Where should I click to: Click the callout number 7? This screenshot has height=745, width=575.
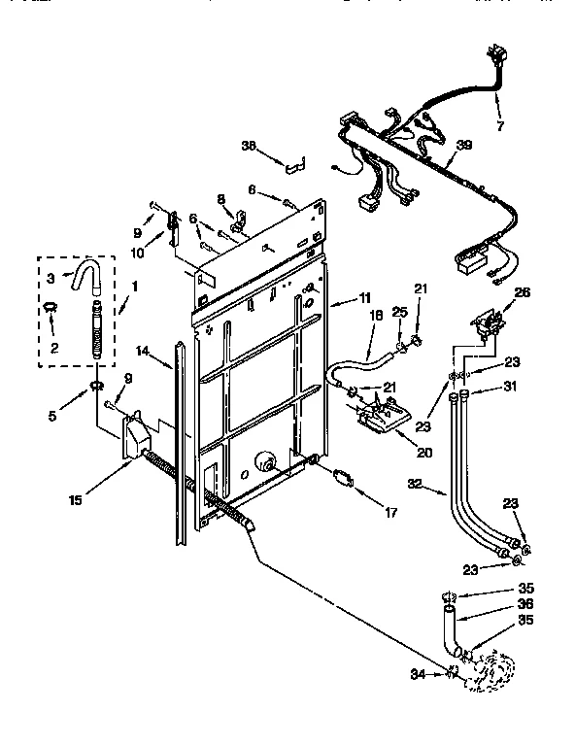(499, 126)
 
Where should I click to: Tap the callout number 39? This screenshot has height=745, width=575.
(464, 145)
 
